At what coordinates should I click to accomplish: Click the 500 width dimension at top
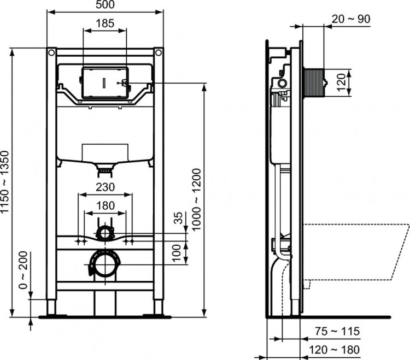click(105, 5)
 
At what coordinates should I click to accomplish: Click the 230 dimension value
click(105, 187)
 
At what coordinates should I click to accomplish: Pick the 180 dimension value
click(105, 205)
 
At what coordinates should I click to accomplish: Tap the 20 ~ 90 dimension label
click(351, 19)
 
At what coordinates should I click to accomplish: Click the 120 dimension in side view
click(342, 83)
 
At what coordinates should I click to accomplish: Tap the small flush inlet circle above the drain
click(104, 234)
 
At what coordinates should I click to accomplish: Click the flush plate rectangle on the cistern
click(104, 82)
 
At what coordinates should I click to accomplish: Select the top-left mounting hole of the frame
click(51, 53)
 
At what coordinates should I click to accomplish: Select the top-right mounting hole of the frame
click(159, 53)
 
